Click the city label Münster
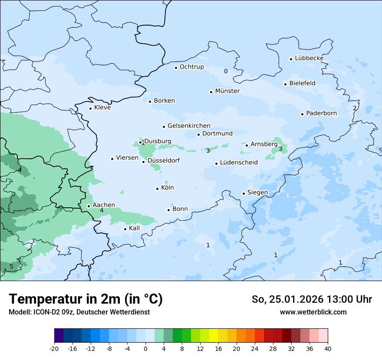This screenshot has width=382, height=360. point(227,91)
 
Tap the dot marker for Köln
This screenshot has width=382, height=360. point(157,189)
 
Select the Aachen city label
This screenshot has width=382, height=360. point(104,205)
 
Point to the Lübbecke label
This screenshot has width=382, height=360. point(309,58)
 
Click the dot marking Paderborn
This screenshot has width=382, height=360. point(302,114)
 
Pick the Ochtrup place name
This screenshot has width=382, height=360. point(191,67)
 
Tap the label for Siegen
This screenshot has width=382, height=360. point(257,193)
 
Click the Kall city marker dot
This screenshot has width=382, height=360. point(125,229)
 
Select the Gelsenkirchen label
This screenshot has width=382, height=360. point(189,126)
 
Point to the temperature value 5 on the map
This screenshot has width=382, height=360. point(11,266)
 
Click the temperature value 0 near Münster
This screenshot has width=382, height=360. point(225,71)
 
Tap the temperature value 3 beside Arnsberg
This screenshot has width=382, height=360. point(280,149)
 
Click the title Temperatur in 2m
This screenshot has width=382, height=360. point(86,299)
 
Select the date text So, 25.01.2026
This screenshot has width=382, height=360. point(287,299)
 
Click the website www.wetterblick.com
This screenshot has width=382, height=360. point(313,312)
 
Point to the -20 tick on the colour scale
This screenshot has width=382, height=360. point(54,348)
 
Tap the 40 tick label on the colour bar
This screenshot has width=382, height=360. point(328,348)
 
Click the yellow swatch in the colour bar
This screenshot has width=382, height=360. point(214,335)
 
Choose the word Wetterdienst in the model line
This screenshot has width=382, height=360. point(131,312)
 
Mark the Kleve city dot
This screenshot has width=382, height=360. point(90,108)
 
